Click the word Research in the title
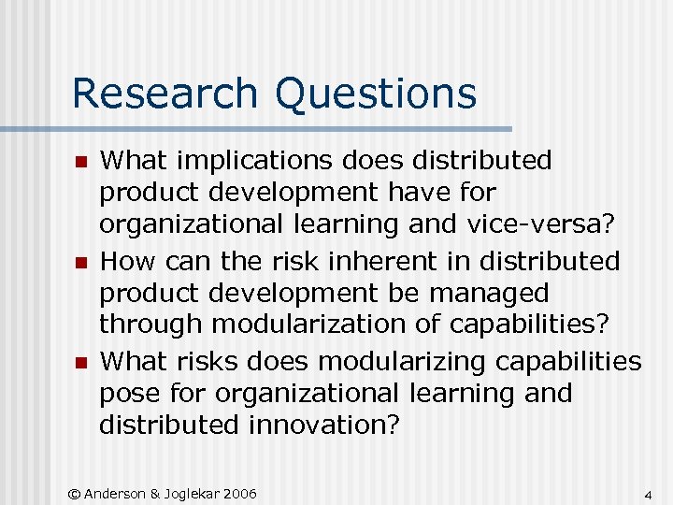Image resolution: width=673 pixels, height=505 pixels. tap(165, 94)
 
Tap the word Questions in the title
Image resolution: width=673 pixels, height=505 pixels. tap(375, 94)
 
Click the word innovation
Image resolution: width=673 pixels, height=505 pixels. tap(324, 425)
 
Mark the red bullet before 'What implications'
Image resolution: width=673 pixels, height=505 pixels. tap(81, 163)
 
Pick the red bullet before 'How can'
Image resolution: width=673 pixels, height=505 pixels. tap(81, 263)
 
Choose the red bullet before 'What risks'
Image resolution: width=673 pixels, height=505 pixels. tap(81, 363)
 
